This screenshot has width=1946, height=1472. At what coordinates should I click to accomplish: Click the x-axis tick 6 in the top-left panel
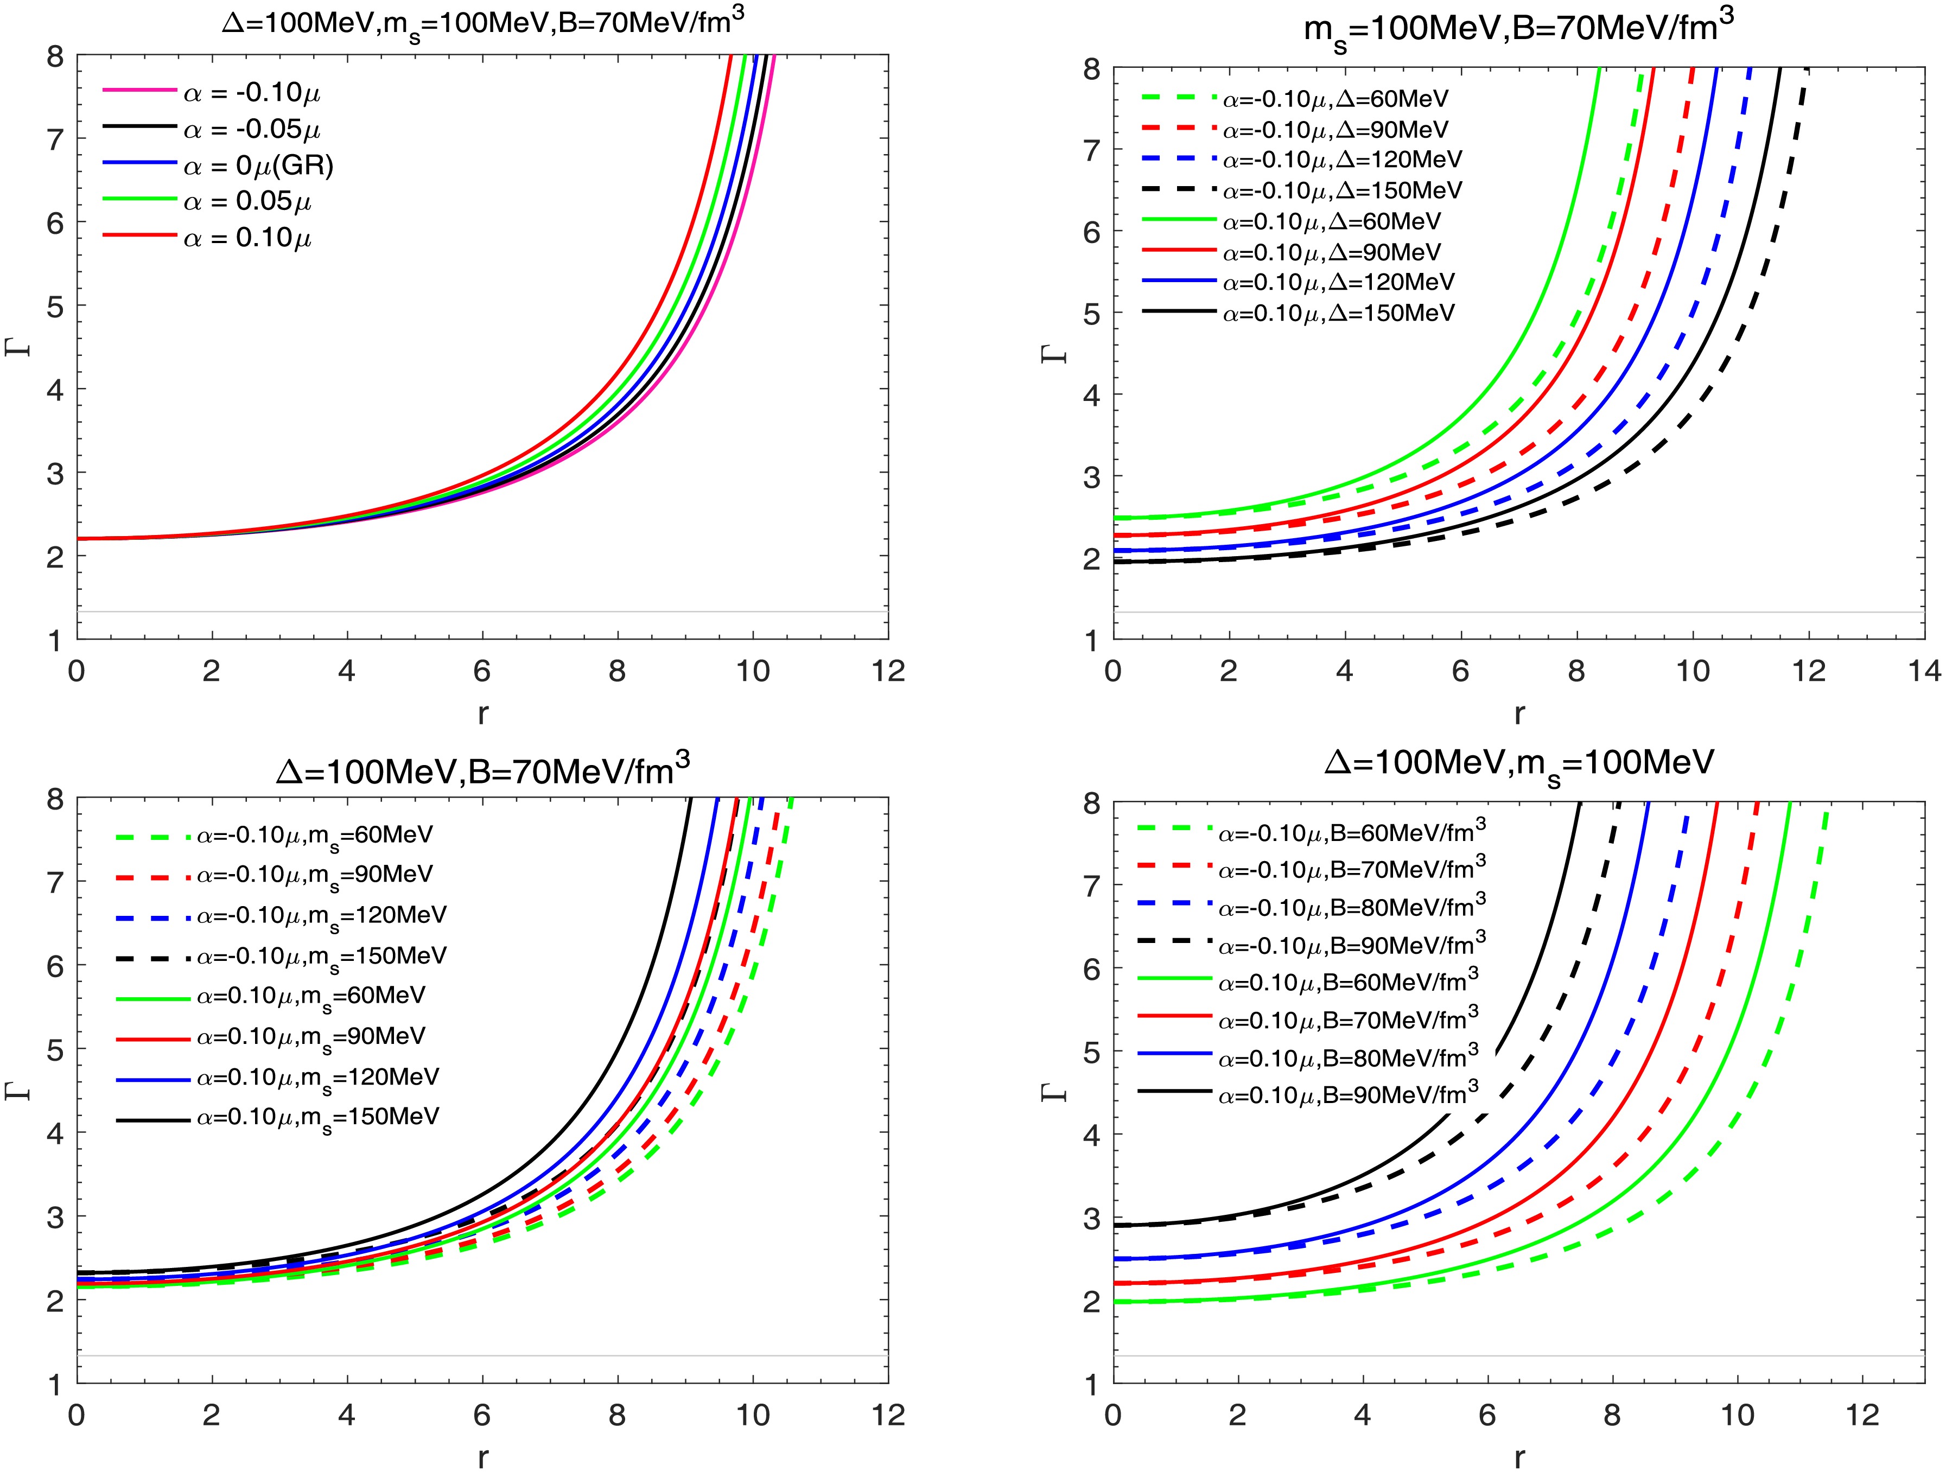[482, 671]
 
